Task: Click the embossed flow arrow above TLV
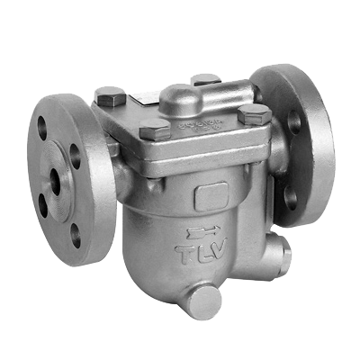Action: point(202,232)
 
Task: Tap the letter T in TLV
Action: point(184,255)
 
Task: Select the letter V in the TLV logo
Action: point(219,247)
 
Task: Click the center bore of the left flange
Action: point(55,182)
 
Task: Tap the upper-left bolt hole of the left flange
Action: point(42,128)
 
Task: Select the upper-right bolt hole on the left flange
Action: point(75,156)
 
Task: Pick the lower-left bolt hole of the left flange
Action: point(43,206)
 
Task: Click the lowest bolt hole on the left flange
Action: point(76,236)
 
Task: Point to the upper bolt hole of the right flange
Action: point(294,122)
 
